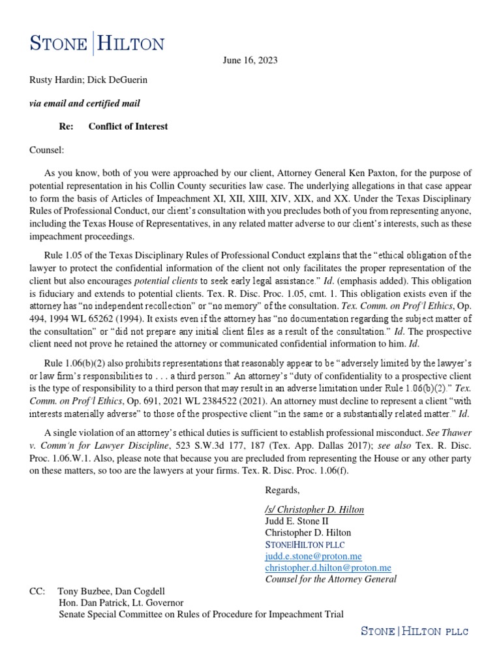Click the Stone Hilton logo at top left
coord(97,44)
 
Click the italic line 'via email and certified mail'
coord(85,104)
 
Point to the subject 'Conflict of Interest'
coord(128,127)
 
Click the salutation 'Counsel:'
coord(47,149)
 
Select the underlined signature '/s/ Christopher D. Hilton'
coord(314,509)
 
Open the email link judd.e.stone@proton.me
coord(309,556)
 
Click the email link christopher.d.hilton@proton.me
coord(328,568)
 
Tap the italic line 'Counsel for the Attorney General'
coord(331,579)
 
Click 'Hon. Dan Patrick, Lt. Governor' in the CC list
coord(121,603)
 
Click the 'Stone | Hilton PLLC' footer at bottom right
coord(415,631)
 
